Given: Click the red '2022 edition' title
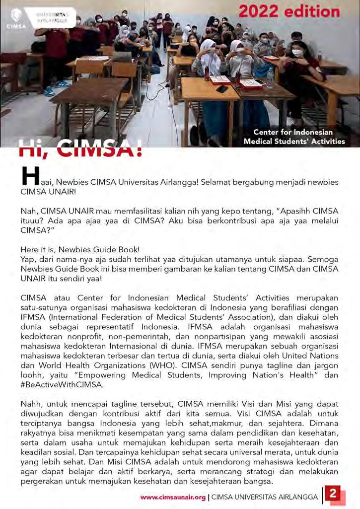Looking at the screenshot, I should pos(289,11).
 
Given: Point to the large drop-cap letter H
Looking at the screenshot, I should pos(31,176).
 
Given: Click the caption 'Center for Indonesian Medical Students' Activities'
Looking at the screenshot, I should pos(294,137).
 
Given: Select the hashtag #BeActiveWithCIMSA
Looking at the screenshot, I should pos(62,385).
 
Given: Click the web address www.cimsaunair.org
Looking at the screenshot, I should pos(173,497).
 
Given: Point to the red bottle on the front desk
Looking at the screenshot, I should pos(206,74).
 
